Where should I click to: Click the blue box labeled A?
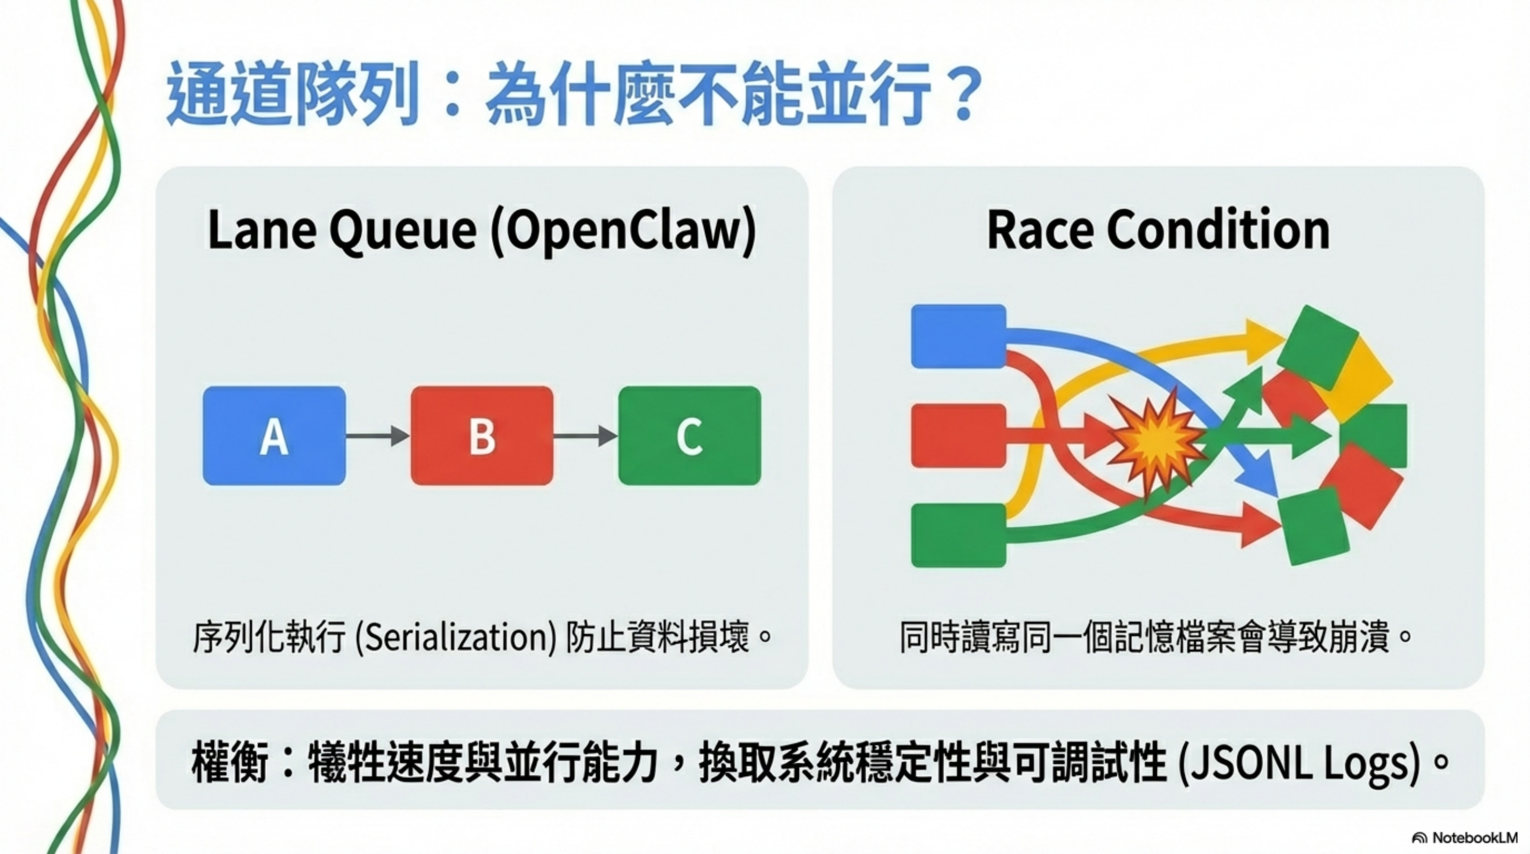click(x=274, y=436)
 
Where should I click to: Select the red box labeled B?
click(x=482, y=436)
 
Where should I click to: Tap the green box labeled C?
click(x=689, y=436)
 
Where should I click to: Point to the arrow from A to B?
click(x=378, y=436)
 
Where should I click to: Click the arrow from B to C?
click(x=585, y=436)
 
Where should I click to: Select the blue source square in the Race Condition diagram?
click(x=958, y=336)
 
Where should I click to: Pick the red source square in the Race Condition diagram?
click(x=958, y=436)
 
